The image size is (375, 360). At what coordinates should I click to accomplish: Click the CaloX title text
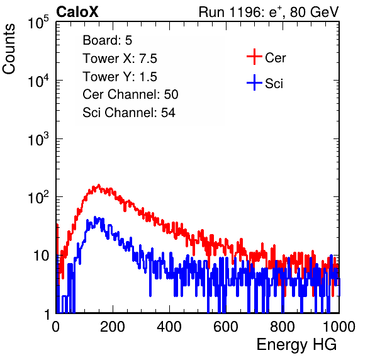pos(77,12)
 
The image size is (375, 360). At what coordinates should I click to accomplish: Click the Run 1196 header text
pos(269,12)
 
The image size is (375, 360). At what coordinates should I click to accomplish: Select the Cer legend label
pos(275,58)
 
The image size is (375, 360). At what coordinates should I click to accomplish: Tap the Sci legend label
pos(274,83)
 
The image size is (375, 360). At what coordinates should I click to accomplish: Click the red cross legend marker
pos(254,57)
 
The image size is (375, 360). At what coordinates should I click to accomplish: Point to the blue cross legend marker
pos(254,82)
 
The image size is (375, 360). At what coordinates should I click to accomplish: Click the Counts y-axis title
pos(9,49)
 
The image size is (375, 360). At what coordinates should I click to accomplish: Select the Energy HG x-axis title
pos(296,345)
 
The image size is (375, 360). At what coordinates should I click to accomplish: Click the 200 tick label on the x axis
pos(113,327)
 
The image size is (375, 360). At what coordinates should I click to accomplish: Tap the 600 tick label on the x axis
pos(226,327)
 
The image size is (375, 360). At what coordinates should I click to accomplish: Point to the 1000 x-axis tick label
pos(339,327)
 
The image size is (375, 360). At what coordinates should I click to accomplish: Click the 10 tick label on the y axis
pos(42,256)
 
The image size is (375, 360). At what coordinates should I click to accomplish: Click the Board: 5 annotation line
pos(108,40)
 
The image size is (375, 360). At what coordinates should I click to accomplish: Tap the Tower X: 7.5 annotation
pos(120,59)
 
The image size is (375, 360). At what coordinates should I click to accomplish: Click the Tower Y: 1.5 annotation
pos(120,77)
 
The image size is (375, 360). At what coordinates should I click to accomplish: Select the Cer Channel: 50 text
pos(130,94)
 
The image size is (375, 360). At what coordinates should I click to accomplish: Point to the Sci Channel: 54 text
pos(129,113)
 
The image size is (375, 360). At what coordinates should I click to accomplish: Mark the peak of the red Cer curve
pos(99,185)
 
